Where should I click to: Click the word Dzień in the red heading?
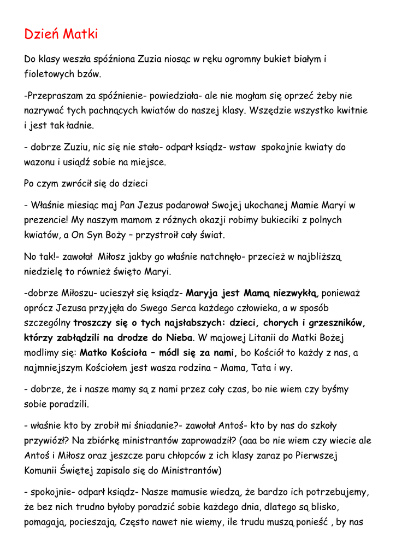pos(42,34)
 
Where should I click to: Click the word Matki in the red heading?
pos(80,34)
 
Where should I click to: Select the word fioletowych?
pos(50,73)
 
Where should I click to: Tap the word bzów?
pos(90,73)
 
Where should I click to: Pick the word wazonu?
pos(40,162)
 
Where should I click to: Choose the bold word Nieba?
pos(177,338)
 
